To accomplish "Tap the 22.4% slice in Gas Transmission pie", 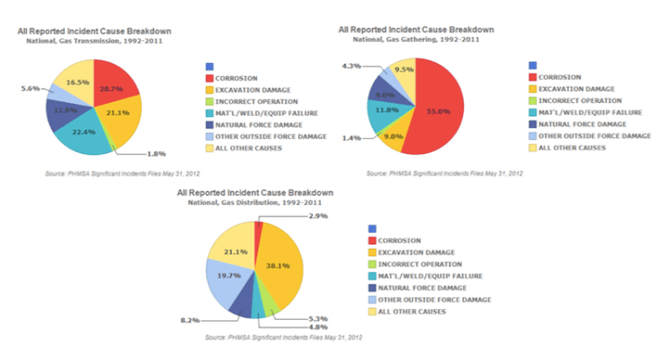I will [83, 133].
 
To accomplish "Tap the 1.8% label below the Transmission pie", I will [155, 154].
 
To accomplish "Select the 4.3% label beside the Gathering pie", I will [351, 65].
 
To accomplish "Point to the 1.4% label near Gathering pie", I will [351, 139].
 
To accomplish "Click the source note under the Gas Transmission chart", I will [107, 172].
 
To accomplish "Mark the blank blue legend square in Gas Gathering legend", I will [533, 64].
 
